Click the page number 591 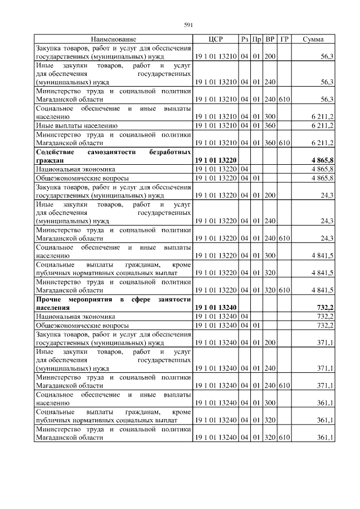[188, 24]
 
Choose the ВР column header [270, 39]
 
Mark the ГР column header [284, 39]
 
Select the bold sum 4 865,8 [322, 160]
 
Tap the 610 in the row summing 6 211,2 [284, 143]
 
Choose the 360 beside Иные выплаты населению [270, 125]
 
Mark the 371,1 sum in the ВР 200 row [326, 342]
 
